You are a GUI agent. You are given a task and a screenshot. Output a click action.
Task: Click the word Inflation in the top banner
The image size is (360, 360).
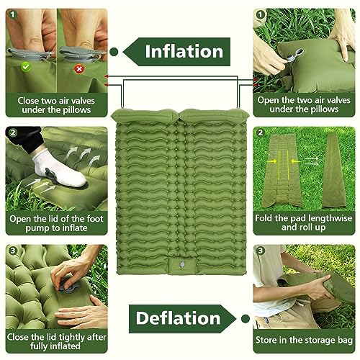coord(184,51)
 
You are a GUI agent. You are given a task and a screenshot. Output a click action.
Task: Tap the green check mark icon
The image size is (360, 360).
coord(27,66)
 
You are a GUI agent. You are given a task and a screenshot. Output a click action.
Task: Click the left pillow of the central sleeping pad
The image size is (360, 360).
coord(148,114)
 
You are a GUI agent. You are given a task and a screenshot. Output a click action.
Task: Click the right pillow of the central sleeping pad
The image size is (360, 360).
coord(210,114)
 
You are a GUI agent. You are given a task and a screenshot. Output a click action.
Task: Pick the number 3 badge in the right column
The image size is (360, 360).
coord(260,251)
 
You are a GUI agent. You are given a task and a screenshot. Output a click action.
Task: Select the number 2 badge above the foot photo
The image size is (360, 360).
coord(13,133)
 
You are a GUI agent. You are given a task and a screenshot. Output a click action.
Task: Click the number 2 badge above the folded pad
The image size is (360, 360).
coord(260,133)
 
